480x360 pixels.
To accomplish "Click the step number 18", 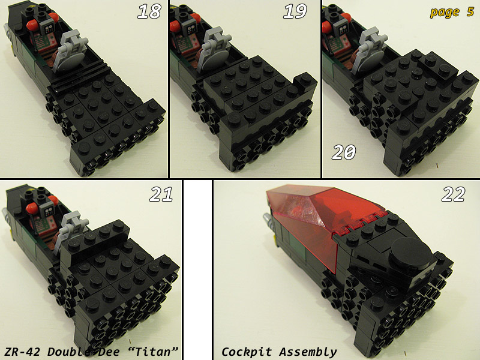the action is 149,11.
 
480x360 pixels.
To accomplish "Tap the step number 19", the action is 295,11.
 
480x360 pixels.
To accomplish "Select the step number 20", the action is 344,152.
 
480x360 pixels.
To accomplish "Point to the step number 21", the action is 161,194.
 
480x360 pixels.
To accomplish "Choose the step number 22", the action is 454,194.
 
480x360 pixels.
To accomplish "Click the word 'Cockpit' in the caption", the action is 247,352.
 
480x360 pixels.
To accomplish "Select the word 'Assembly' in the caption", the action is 308,352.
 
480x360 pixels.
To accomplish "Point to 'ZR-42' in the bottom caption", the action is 22,352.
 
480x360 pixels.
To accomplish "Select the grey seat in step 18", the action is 70,55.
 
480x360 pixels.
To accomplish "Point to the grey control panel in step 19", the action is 191,28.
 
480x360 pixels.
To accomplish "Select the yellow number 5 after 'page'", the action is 470,11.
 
